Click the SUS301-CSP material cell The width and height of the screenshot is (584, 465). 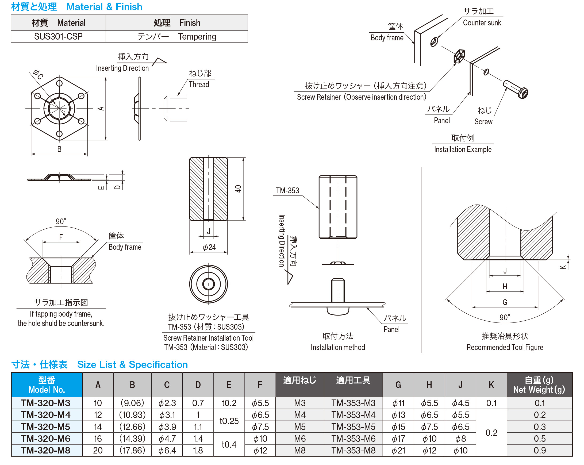[58, 36]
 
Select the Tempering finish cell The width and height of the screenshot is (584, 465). [176, 36]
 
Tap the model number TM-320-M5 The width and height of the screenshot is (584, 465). [46, 427]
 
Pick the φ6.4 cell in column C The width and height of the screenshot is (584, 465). [167, 450]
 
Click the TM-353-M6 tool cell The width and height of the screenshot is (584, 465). [353, 439]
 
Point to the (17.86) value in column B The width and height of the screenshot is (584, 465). [132, 450]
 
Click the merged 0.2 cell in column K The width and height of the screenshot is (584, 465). [491, 433]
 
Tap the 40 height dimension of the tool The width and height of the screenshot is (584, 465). [238, 189]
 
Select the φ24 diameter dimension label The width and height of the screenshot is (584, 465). [209, 247]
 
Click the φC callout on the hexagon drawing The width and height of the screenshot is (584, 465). [38, 74]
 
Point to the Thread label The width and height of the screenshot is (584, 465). [199, 84]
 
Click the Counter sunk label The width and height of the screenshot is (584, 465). [482, 23]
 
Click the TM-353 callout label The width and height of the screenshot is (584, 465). [287, 191]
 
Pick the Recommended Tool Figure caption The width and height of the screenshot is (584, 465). [505, 347]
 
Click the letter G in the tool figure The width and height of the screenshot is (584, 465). [505, 302]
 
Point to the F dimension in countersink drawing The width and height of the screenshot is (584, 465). [61, 237]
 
